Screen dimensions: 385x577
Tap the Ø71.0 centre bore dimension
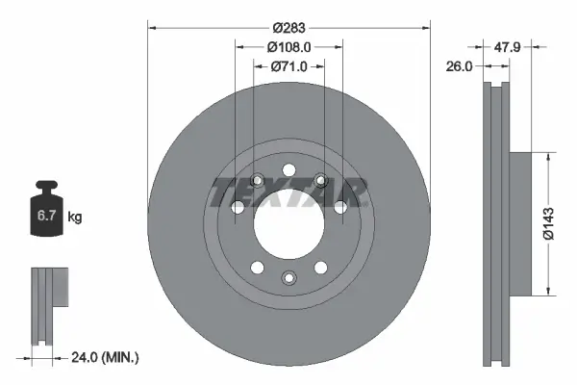click(x=288, y=66)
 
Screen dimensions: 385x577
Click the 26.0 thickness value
click(x=461, y=66)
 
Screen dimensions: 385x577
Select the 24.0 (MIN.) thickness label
click(x=106, y=357)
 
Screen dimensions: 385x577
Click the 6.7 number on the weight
click(x=45, y=218)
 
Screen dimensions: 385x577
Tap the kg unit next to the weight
click(x=75, y=218)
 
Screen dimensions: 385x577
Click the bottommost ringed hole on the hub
click(x=288, y=277)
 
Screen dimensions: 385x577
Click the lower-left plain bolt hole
click(x=256, y=267)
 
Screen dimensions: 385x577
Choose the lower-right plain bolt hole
click(x=319, y=267)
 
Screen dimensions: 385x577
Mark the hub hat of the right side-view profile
click(x=518, y=222)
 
